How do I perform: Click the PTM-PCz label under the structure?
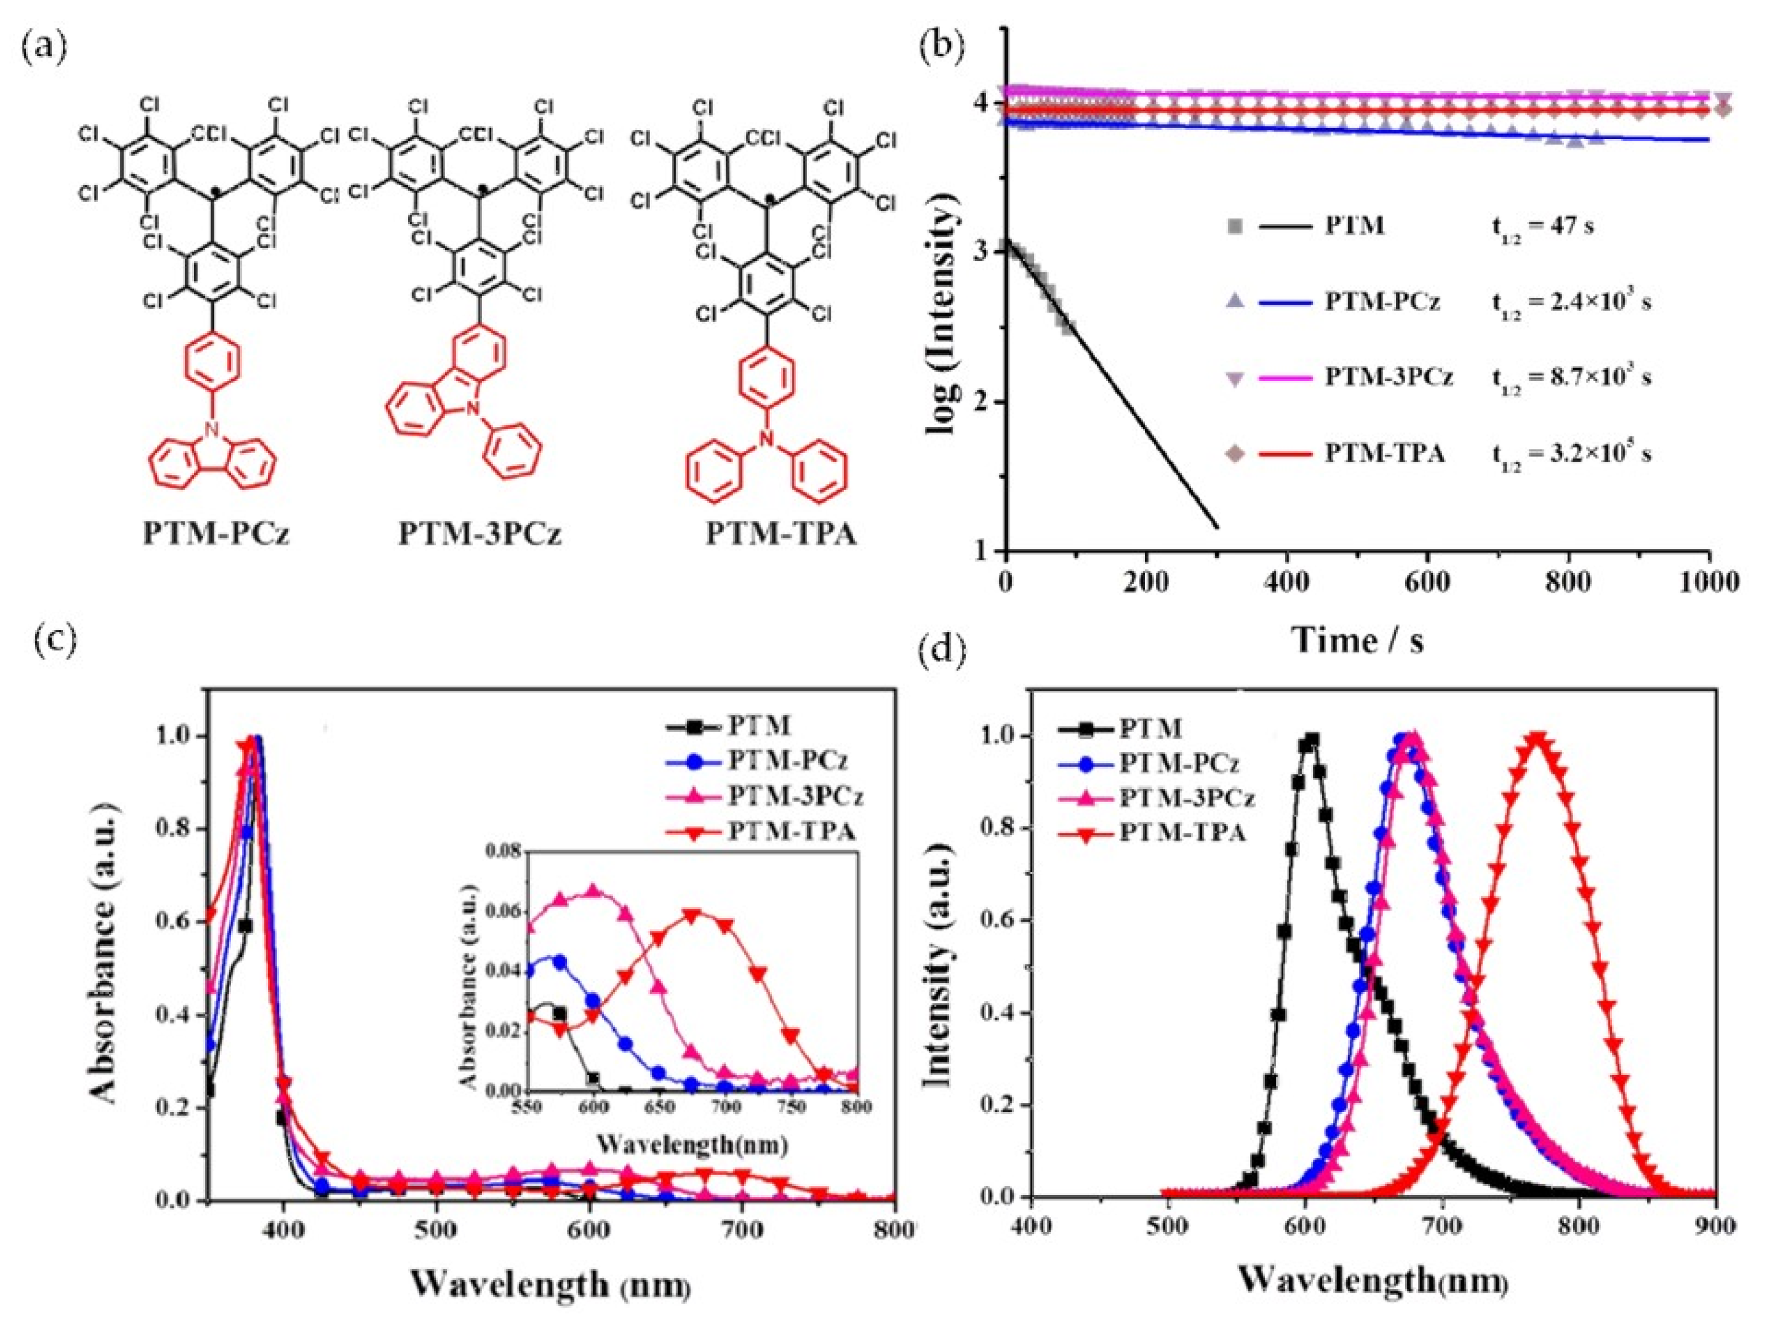(x=215, y=533)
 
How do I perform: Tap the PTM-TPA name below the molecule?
(x=780, y=533)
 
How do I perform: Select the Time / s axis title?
(x=1357, y=639)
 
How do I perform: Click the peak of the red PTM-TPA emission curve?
(x=1537, y=738)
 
